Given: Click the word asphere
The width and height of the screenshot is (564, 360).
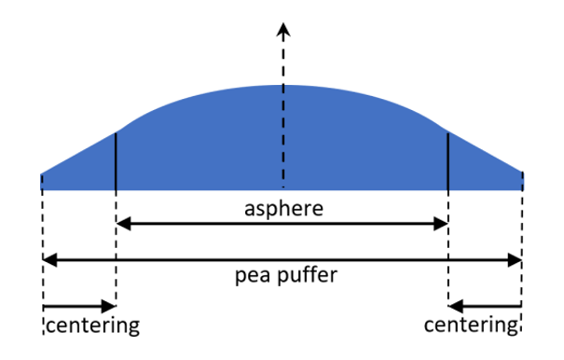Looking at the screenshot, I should point(281,208).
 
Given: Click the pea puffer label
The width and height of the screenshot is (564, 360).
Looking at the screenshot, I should point(281,276).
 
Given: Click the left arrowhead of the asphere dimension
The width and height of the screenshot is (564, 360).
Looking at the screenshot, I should point(122,224).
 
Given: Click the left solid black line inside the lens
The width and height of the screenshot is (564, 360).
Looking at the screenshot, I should point(115,160).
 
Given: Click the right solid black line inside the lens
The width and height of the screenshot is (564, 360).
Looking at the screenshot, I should point(448,160).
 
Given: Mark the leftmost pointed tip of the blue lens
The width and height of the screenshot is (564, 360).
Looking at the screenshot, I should point(43,174).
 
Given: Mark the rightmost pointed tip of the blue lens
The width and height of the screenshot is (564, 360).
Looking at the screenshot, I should point(522,174).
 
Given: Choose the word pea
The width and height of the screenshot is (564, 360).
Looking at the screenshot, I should point(249,277).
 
